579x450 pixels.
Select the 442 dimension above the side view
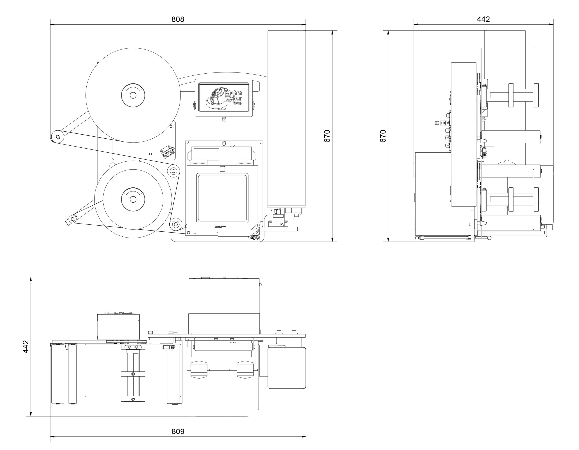tap(483, 19)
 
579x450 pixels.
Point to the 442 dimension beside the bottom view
tap(26, 347)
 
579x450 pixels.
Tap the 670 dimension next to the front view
tap(327, 136)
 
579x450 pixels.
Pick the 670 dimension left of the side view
tap(383, 136)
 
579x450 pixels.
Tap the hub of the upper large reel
tap(133, 95)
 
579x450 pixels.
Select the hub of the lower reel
tap(133, 199)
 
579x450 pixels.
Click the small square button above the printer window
tap(222, 169)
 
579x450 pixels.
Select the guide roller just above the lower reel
tap(174, 171)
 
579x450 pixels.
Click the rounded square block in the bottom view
tap(287, 368)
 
